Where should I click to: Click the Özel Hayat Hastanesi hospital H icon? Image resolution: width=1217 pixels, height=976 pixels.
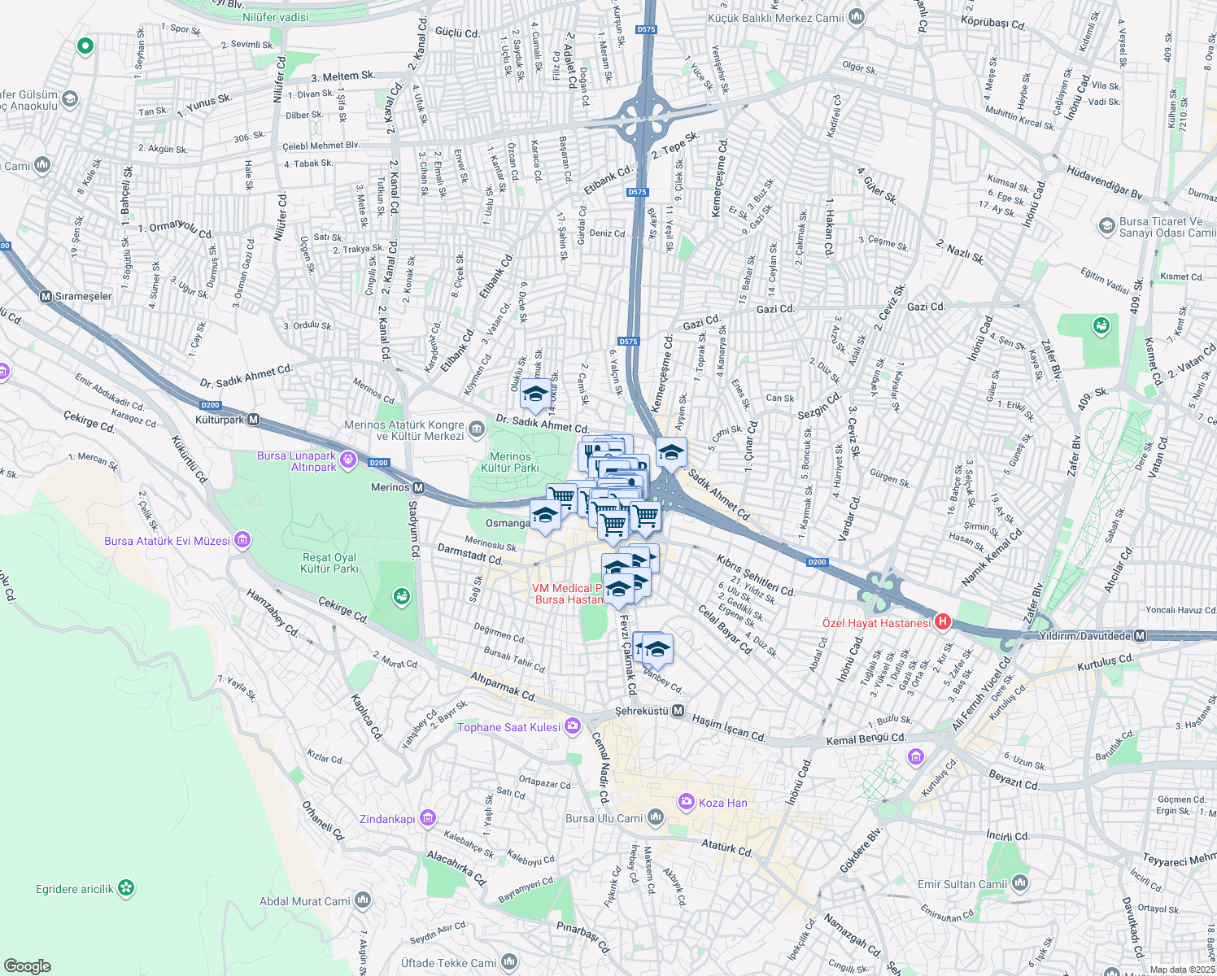[x=943, y=622]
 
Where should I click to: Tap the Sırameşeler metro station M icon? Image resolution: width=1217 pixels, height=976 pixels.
[x=46, y=296]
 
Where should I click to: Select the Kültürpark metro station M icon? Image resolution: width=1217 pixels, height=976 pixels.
[x=254, y=420]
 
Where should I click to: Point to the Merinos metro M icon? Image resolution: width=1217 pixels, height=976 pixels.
[x=419, y=487]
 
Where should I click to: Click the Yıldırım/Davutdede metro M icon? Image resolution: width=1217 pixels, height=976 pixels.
[x=1141, y=635]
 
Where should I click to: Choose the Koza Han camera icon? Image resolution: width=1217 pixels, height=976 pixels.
[x=687, y=802]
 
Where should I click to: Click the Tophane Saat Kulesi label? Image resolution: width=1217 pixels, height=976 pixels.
[x=508, y=727]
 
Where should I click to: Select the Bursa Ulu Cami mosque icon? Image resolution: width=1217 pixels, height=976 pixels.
[x=655, y=818]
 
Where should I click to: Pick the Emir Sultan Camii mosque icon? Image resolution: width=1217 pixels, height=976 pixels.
[x=1020, y=883]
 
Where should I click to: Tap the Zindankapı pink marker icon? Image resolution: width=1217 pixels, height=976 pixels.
[x=429, y=818]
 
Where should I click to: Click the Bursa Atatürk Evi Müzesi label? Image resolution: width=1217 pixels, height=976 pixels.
[x=167, y=541]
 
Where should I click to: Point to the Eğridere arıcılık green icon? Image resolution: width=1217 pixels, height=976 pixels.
[x=126, y=888]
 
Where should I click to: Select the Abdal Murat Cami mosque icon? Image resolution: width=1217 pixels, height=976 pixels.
[x=363, y=900]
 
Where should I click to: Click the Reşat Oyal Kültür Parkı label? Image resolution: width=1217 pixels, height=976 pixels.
[x=329, y=563]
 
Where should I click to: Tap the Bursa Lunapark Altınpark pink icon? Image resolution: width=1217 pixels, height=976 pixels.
[x=349, y=460]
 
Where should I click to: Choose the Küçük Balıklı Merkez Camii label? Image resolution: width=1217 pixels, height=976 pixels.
[x=775, y=18]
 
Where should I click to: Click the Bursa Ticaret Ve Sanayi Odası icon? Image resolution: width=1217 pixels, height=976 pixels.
[x=1106, y=225]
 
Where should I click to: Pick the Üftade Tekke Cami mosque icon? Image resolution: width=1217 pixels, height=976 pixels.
[x=509, y=962]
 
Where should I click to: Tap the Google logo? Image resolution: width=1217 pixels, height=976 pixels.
[x=28, y=965]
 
